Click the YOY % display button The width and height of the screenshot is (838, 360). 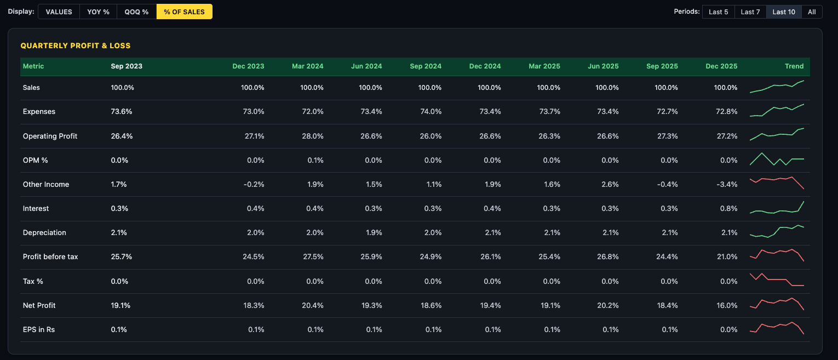tap(98, 12)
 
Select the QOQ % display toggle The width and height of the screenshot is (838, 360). tap(136, 12)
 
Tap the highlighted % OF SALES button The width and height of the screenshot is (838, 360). tap(184, 12)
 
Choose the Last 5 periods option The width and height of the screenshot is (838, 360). tap(718, 12)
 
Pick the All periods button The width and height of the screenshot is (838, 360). tap(811, 12)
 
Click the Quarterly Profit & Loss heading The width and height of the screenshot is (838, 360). tap(76, 45)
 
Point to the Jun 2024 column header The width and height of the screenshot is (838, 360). tap(366, 66)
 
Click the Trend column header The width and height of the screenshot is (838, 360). tap(794, 66)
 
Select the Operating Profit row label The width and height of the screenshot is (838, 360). tap(50, 136)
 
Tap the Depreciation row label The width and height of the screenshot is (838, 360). tap(44, 232)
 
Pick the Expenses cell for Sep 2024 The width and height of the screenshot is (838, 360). tap(430, 111)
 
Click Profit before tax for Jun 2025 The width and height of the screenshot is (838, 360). tap(607, 256)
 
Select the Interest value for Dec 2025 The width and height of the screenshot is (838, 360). tap(728, 208)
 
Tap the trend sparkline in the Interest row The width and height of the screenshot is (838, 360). tap(777, 208)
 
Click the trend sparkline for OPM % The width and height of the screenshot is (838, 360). tap(777, 159)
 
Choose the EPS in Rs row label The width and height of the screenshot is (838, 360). tap(39, 329)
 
